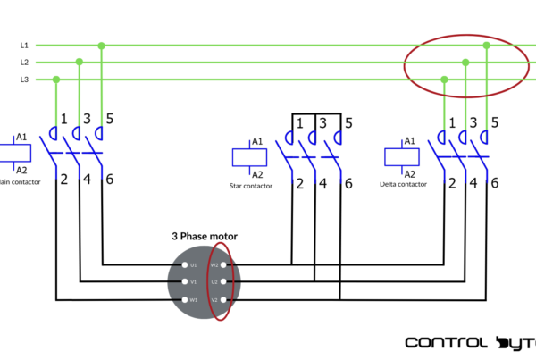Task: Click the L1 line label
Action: point(24,45)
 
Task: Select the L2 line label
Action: point(24,63)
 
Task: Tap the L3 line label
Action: point(24,80)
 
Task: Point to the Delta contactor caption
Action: point(398,184)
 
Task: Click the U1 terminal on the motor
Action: point(185,264)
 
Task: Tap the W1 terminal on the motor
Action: point(185,299)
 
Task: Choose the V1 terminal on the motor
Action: point(185,282)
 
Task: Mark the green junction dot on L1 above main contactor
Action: point(102,45)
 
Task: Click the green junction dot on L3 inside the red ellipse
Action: point(445,80)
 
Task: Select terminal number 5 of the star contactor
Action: point(348,122)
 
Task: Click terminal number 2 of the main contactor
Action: point(64,179)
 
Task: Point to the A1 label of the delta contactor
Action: point(410,141)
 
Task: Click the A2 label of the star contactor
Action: point(257,174)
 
